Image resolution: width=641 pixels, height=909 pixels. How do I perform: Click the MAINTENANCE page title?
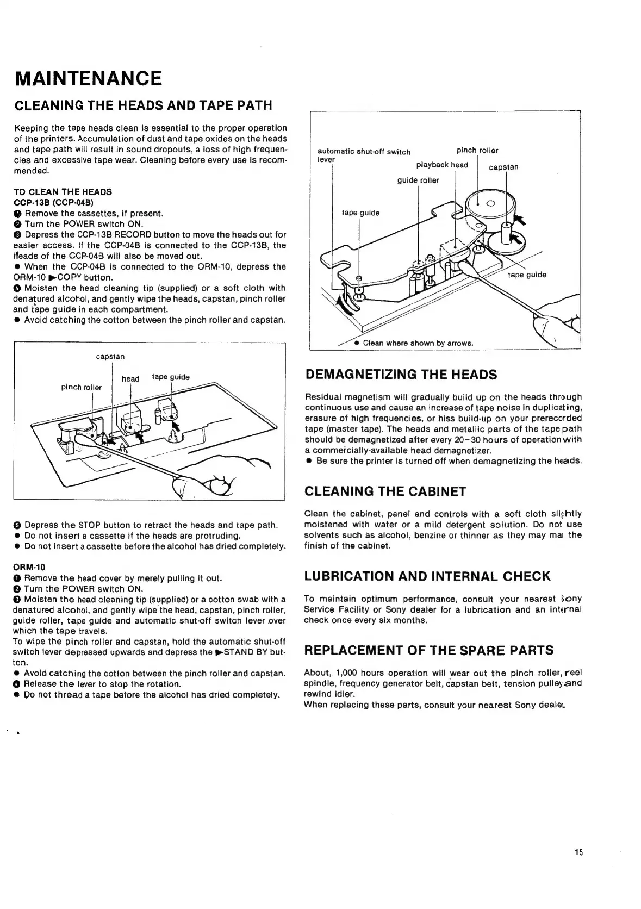[x=88, y=78]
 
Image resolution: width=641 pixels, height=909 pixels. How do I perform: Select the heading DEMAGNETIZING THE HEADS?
[x=401, y=375]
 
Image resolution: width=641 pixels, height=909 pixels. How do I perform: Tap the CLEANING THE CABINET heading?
[x=385, y=491]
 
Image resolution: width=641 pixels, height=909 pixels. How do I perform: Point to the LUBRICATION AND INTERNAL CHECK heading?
[x=427, y=576]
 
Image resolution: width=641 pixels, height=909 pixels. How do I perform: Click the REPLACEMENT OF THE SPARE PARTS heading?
[x=429, y=650]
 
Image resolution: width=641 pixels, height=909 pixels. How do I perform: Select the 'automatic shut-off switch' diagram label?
[x=364, y=152]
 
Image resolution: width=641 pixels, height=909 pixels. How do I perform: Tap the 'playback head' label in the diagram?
[x=442, y=165]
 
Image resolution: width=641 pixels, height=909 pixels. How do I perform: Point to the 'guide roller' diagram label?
[x=418, y=180]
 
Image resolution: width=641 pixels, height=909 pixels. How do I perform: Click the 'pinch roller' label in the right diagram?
[x=477, y=150]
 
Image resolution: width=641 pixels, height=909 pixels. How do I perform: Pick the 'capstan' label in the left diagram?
[x=110, y=357]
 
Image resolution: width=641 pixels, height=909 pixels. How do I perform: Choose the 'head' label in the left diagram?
[x=130, y=378]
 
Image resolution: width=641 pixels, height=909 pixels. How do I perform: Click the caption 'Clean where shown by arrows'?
[x=418, y=343]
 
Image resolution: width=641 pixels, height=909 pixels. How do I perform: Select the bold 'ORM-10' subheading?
[x=29, y=568]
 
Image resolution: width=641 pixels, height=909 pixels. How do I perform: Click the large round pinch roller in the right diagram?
[x=488, y=206]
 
